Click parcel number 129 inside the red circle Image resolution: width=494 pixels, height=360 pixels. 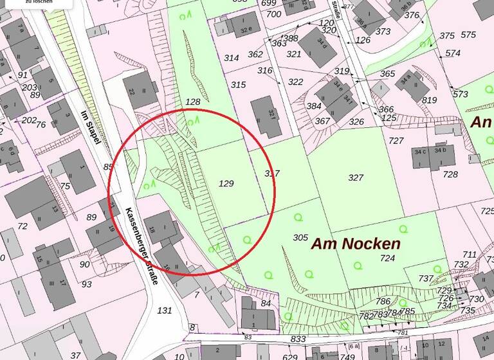[226, 184]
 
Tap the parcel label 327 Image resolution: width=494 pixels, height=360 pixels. [356, 177]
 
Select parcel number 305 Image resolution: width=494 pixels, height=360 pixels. [300, 237]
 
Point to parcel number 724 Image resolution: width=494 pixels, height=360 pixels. [387, 258]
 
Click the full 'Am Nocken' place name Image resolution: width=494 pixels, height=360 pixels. [356, 244]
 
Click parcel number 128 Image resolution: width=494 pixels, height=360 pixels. [192, 102]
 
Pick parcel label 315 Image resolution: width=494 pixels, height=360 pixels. [238, 85]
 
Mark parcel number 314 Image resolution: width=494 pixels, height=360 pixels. [232, 58]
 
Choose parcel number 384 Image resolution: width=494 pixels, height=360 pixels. [314, 106]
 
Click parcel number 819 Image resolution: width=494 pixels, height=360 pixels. [430, 100]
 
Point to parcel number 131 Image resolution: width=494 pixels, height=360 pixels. [165, 310]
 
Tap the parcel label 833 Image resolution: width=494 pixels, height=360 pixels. [298, 339]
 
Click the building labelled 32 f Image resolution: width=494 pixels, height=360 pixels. [266, 117]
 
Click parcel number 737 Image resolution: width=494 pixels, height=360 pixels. [426, 278]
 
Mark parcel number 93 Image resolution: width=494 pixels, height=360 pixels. [87, 283]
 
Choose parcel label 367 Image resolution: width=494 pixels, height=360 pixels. [322, 121]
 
